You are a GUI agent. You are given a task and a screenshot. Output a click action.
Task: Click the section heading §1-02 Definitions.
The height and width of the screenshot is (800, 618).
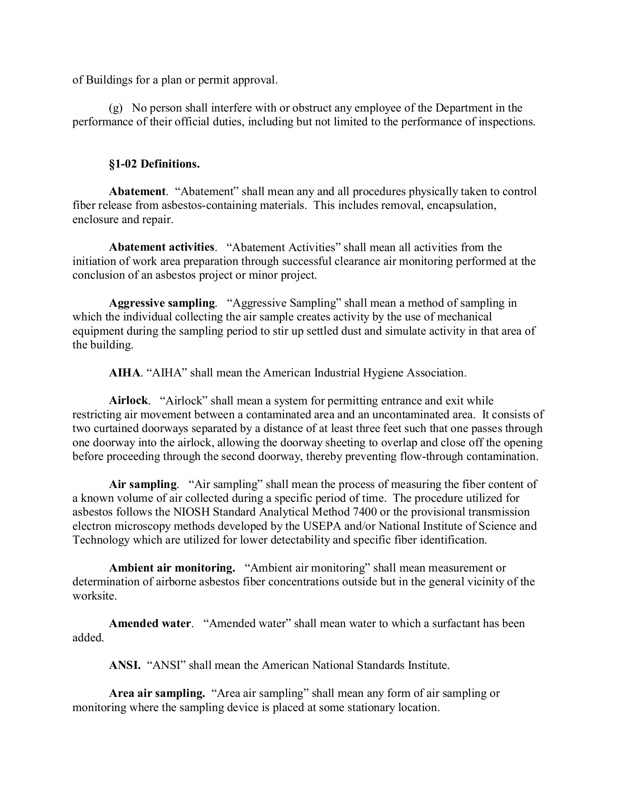[x=154, y=164]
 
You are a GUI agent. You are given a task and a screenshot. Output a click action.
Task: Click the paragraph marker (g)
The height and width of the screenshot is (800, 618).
[x=116, y=108]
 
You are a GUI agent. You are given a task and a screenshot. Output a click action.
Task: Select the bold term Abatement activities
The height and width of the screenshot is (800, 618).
[x=162, y=247]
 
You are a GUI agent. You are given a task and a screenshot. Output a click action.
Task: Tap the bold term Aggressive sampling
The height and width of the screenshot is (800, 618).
[x=162, y=303]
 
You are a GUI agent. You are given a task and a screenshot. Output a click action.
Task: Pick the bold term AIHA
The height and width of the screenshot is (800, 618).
[x=124, y=372]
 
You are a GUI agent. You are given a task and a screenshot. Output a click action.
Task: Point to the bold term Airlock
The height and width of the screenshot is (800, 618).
[x=128, y=400]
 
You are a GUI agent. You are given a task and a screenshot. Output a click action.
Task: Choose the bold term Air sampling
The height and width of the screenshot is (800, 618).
[x=143, y=484]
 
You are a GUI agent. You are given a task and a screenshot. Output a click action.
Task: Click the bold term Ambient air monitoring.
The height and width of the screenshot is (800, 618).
[x=172, y=568]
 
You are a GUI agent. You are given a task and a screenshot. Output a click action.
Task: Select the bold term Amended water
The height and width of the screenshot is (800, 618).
[x=150, y=623]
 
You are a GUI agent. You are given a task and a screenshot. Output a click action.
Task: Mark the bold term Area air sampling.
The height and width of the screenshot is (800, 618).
[x=157, y=693]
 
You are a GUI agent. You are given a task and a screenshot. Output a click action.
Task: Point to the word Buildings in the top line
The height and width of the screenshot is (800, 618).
[x=109, y=80]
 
